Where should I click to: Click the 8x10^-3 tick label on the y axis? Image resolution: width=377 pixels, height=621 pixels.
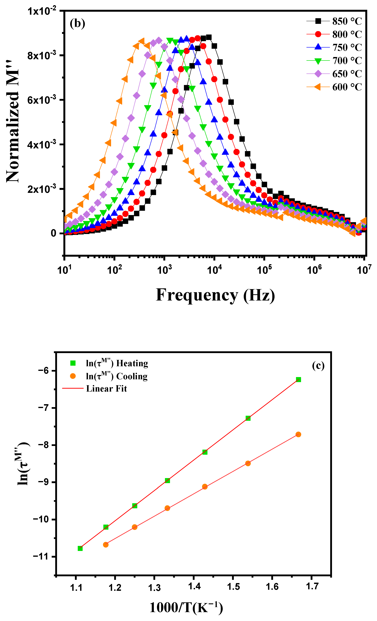42,55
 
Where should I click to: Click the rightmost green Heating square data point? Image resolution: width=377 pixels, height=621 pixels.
298,380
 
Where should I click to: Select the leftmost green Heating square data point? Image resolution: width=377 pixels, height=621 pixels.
80,548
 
